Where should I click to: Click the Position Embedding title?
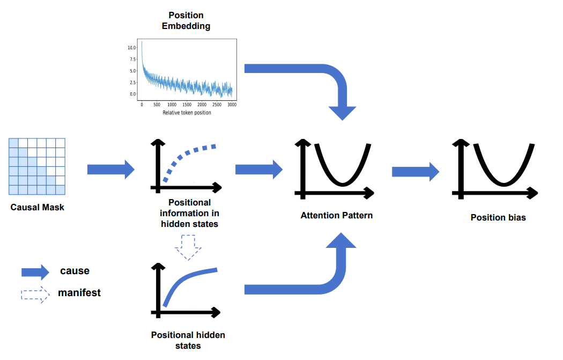click(186, 20)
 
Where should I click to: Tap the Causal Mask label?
click(38, 207)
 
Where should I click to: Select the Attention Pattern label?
click(336, 215)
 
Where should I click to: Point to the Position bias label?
click(498, 217)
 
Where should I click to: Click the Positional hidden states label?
click(188, 340)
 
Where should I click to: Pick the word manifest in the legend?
click(79, 293)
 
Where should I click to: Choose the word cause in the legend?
click(75, 271)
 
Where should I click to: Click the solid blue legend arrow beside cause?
click(35, 273)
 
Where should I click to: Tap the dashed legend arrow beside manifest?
click(35, 295)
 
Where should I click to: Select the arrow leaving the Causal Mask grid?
click(110, 169)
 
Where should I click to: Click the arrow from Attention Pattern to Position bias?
click(416, 172)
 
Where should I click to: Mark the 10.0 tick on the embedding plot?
click(132, 48)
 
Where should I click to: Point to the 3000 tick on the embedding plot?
click(232, 105)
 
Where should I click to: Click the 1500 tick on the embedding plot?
click(187, 105)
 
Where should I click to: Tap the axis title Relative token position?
click(187, 113)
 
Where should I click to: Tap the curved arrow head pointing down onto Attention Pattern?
click(342, 113)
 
